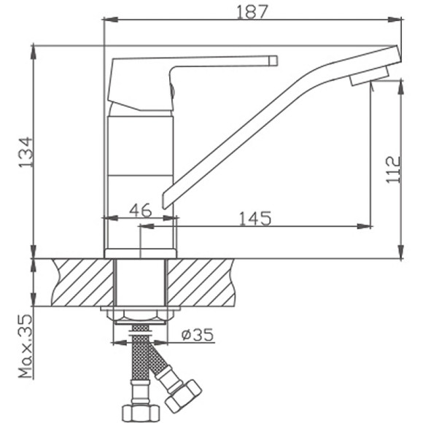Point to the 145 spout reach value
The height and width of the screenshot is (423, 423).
(255, 217)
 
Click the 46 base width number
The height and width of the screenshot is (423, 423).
(139, 211)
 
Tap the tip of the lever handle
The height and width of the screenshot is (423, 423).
(273, 60)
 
